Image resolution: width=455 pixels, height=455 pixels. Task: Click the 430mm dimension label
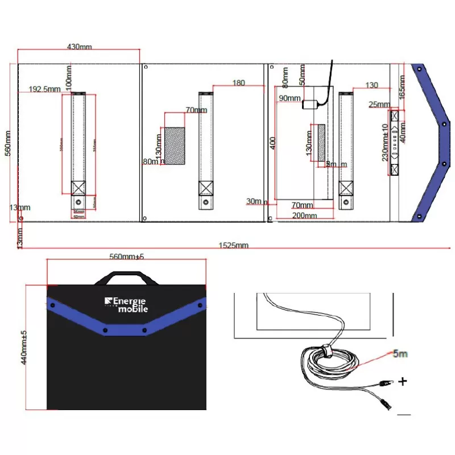tap(79, 47)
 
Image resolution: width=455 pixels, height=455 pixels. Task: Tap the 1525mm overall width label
tap(234, 246)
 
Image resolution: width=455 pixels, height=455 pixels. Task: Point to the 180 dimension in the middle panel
tap(238, 83)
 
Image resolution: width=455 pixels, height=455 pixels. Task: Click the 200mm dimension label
tap(304, 216)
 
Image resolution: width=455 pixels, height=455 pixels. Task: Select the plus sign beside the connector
tap(403, 381)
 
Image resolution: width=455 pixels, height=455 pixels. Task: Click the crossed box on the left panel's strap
tap(78, 188)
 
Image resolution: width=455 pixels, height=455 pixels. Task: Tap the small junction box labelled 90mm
tap(310, 105)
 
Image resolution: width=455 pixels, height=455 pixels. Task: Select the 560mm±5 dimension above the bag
tap(126, 257)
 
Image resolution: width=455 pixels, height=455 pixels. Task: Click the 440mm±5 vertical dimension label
tap(24, 346)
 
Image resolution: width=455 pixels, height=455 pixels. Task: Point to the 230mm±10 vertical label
tap(385, 146)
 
